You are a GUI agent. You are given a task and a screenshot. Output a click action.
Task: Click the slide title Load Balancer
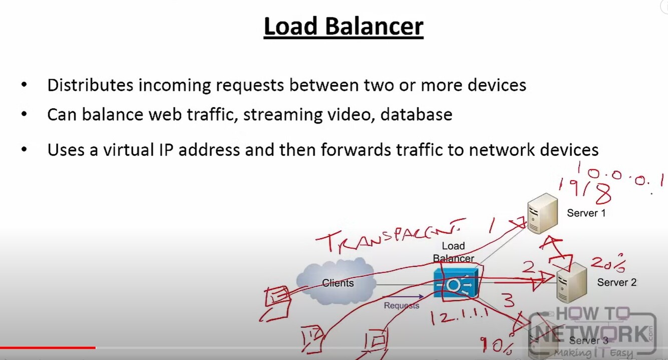pyautogui.click(x=344, y=27)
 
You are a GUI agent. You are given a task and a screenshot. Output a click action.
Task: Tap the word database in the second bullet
pyautogui.click(x=416, y=115)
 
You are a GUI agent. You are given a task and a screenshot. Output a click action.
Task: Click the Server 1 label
pyautogui.click(x=586, y=213)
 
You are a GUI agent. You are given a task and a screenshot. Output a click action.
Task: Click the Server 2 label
pyautogui.click(x=616, y=282)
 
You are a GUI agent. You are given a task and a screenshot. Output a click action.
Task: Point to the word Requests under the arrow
pyautogui.click(x=401, y=305)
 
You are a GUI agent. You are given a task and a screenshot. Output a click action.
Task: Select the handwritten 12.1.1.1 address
pyautogui.click(x=458, y=316)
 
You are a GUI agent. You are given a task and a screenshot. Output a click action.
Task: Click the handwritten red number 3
pyautogui.click(x=508, y=301)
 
